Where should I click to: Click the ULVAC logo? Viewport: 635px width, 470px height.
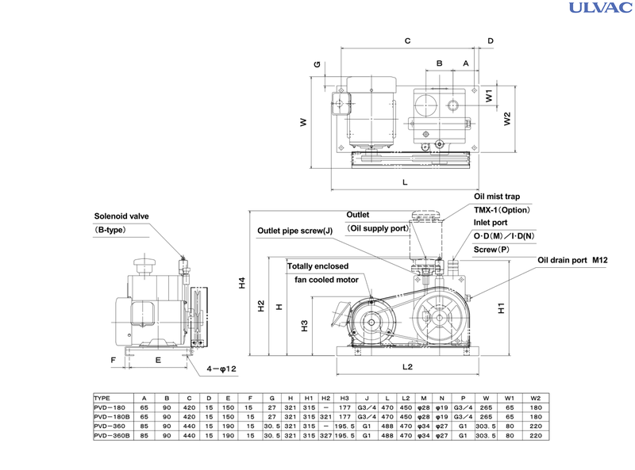598,9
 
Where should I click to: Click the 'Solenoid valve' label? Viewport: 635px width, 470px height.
121,216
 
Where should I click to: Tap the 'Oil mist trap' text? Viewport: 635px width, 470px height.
497,196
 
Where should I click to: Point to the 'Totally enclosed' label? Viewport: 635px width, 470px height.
322,266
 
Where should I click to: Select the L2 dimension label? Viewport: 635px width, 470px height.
407,368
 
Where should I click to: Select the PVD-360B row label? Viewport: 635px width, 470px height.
110,435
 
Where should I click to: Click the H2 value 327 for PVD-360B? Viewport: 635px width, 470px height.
325,435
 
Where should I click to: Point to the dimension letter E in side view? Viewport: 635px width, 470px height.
158,360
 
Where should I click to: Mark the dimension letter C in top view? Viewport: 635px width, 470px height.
407,40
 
